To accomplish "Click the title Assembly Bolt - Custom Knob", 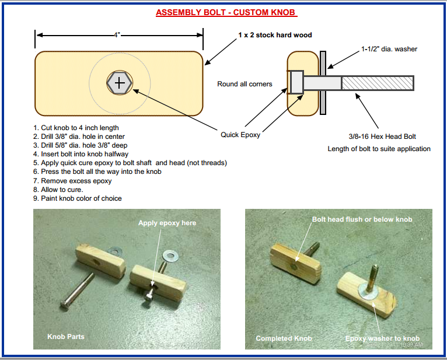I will click(226, 12).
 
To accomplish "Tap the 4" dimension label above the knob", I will click(117, 35).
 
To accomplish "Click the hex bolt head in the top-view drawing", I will click(120, 83).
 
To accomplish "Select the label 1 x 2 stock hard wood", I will click(275, 35).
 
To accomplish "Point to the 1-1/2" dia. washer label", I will click(389, 49).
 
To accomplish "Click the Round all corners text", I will click(245, 84).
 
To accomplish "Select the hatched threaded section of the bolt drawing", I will click(377, 83).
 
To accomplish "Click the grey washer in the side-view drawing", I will click(323, 83).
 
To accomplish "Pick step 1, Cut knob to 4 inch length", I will click(76, 128).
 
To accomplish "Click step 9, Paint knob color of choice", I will click(78, 198).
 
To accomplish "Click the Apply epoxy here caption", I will click(167, 223).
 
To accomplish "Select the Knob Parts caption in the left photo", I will click(67, 337).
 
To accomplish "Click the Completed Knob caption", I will click(284, 338).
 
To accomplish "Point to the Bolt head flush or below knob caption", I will click(362, 219).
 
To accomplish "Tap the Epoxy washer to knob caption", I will click(382, 338).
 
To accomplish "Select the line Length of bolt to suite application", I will click(379, 149).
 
